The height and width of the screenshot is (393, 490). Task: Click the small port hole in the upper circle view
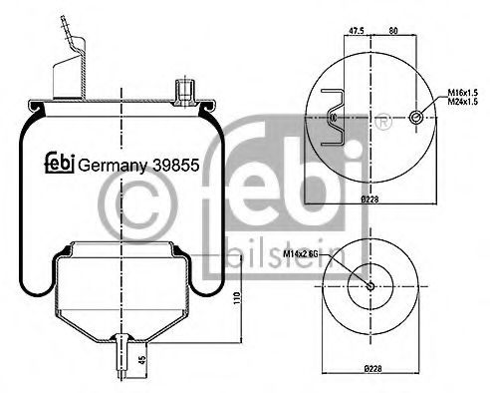coord(414,118)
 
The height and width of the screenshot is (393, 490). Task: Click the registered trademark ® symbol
coord(382,124)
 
